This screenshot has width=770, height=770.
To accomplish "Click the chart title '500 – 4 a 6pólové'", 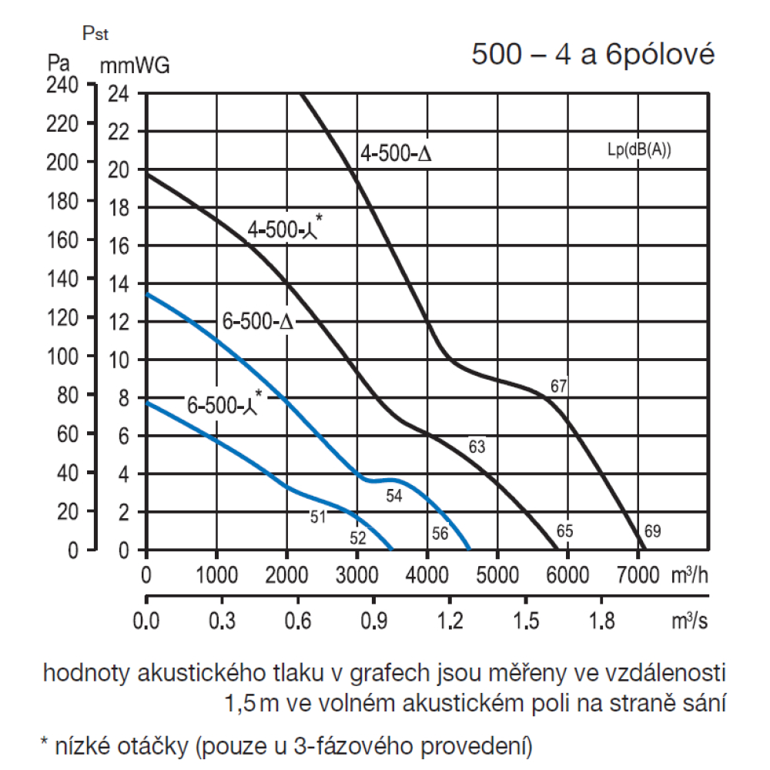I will tap(593, 55).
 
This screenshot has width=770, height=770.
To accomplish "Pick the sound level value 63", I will tap(477, 447).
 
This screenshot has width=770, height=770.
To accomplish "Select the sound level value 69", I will tap(652, 531).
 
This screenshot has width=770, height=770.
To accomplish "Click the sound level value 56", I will tap(440, 532).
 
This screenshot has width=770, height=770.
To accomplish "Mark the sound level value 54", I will tap(394, 497).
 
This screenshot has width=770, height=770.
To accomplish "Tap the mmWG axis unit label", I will tap(135, 66).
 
